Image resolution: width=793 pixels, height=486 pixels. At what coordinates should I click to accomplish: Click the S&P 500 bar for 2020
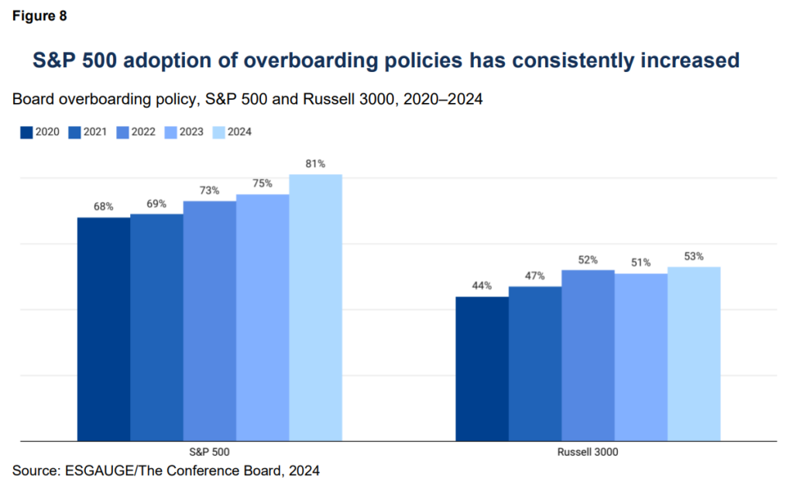104,329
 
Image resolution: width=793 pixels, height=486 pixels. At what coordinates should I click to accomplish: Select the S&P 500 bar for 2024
315,307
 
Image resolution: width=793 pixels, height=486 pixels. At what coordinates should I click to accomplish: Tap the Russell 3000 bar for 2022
588,355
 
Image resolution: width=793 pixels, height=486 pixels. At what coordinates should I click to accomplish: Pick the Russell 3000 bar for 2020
482,368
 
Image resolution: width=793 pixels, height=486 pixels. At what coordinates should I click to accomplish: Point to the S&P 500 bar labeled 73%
210,320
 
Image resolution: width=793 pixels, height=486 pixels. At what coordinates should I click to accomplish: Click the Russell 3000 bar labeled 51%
640,357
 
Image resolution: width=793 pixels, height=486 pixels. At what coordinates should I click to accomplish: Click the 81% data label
315,164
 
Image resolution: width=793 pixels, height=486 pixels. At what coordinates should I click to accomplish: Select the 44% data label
482,286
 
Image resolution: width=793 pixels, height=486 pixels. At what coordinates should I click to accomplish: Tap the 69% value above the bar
156,204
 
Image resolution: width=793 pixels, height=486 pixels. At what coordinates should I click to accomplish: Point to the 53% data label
693,256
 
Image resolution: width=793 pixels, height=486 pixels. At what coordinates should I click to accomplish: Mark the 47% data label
534,276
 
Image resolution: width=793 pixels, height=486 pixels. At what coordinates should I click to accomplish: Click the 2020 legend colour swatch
26,132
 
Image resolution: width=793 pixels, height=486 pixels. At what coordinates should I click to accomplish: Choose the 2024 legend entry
229,132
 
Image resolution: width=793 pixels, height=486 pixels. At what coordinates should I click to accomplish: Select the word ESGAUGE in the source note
88,470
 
